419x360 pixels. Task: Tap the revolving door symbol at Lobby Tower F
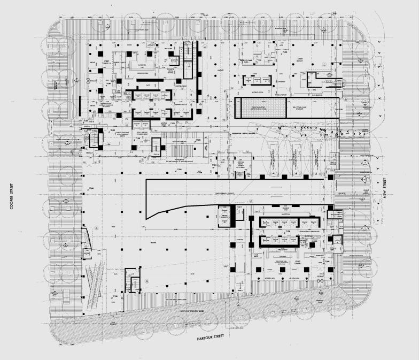321,280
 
